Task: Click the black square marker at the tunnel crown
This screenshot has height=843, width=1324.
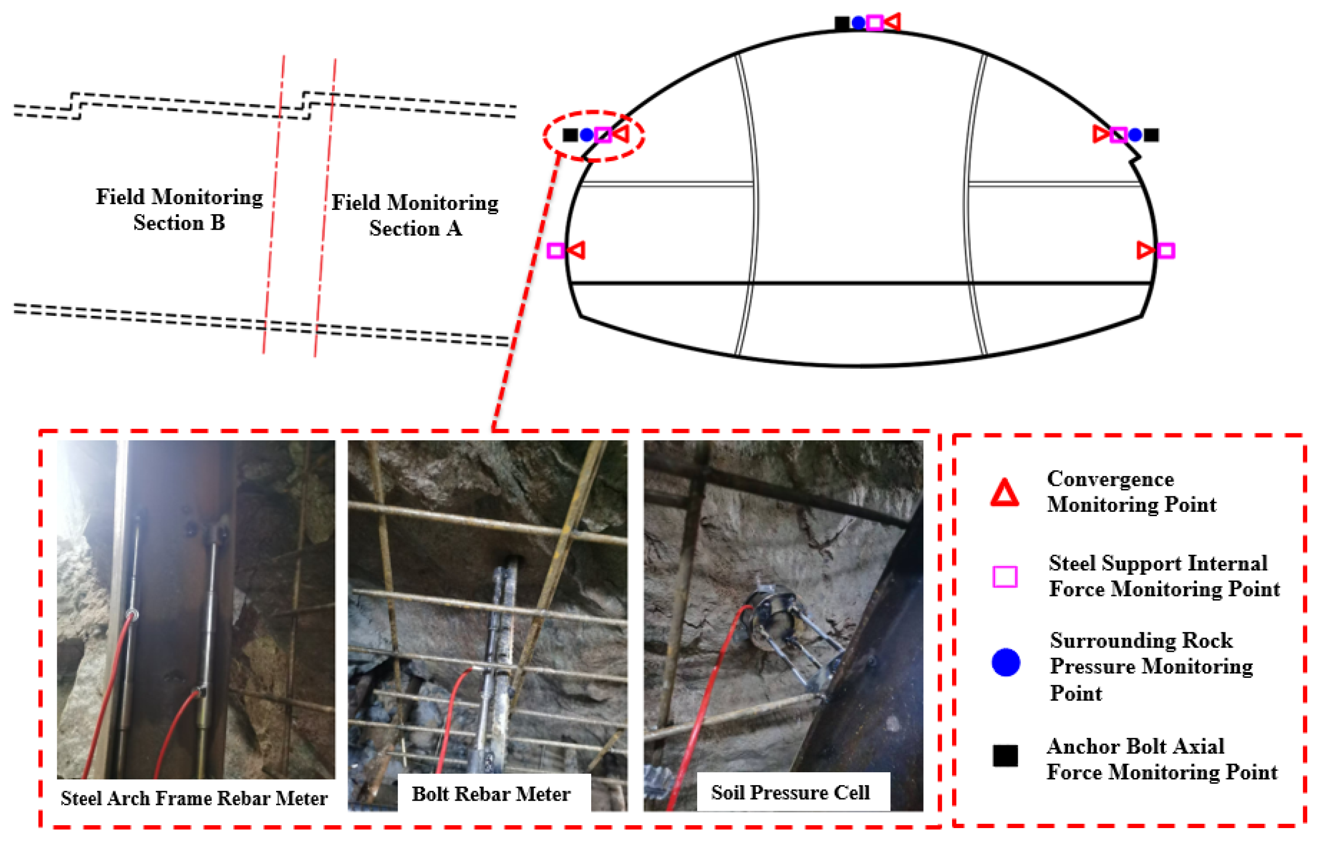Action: pos(842,23)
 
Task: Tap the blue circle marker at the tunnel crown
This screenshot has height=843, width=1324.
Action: pos(858,23)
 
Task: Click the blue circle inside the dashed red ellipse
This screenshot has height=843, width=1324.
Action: pos(587,135)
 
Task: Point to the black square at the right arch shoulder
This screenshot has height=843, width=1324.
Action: pos(1152,135)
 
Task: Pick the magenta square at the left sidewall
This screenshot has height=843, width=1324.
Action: pos(556,251)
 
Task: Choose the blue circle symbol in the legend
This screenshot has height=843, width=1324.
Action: pos(1006,661)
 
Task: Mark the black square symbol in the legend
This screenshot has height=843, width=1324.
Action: pos(1005,756)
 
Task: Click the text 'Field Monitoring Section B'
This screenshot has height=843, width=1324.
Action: pos(179,209)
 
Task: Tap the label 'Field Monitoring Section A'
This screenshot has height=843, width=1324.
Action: pos(415,215)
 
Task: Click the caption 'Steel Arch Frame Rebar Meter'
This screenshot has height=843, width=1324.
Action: pos(194,798)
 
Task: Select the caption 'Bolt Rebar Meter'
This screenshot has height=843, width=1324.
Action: pos(491,793)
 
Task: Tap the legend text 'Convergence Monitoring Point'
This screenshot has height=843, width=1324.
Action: pos(1132,491)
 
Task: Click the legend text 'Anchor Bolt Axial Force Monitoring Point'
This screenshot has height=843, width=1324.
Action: pos(1162,759)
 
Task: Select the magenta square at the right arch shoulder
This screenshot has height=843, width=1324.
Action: pos(1118,135)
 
